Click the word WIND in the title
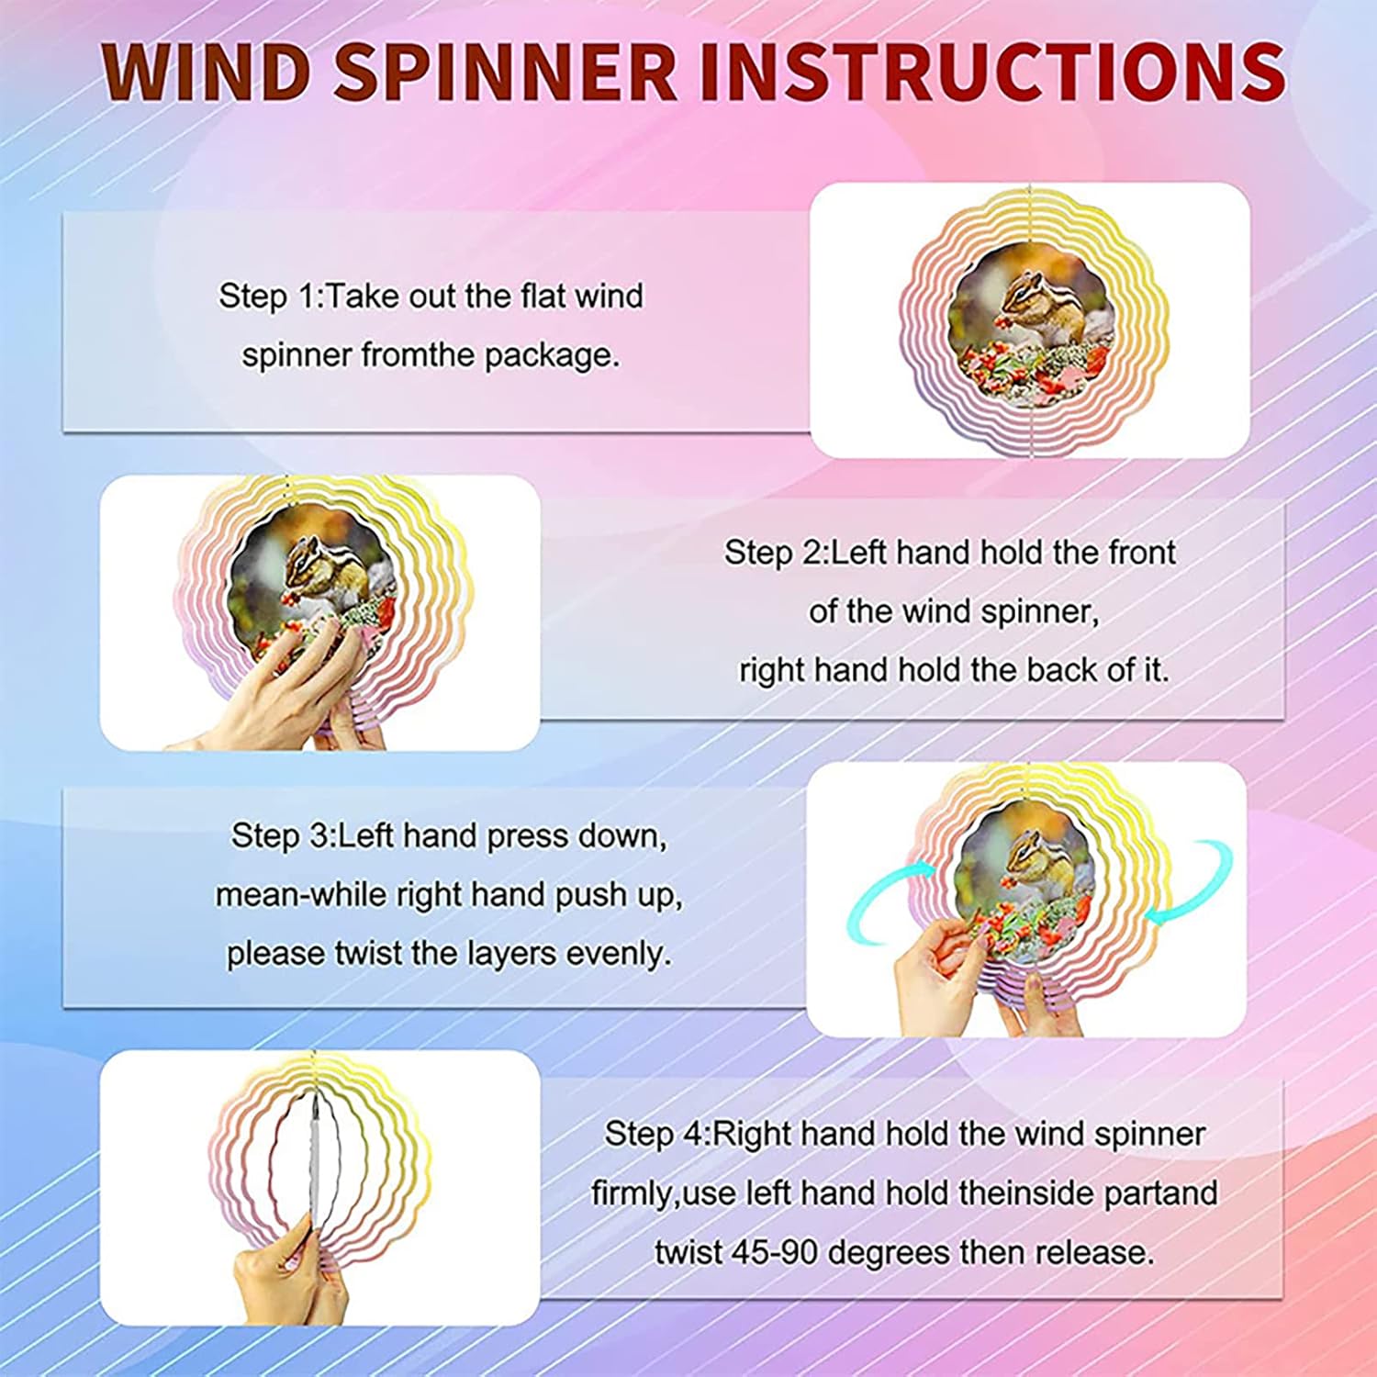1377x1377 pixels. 206,71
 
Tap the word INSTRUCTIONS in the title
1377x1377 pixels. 991,71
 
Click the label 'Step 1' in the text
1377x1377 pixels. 267,297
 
